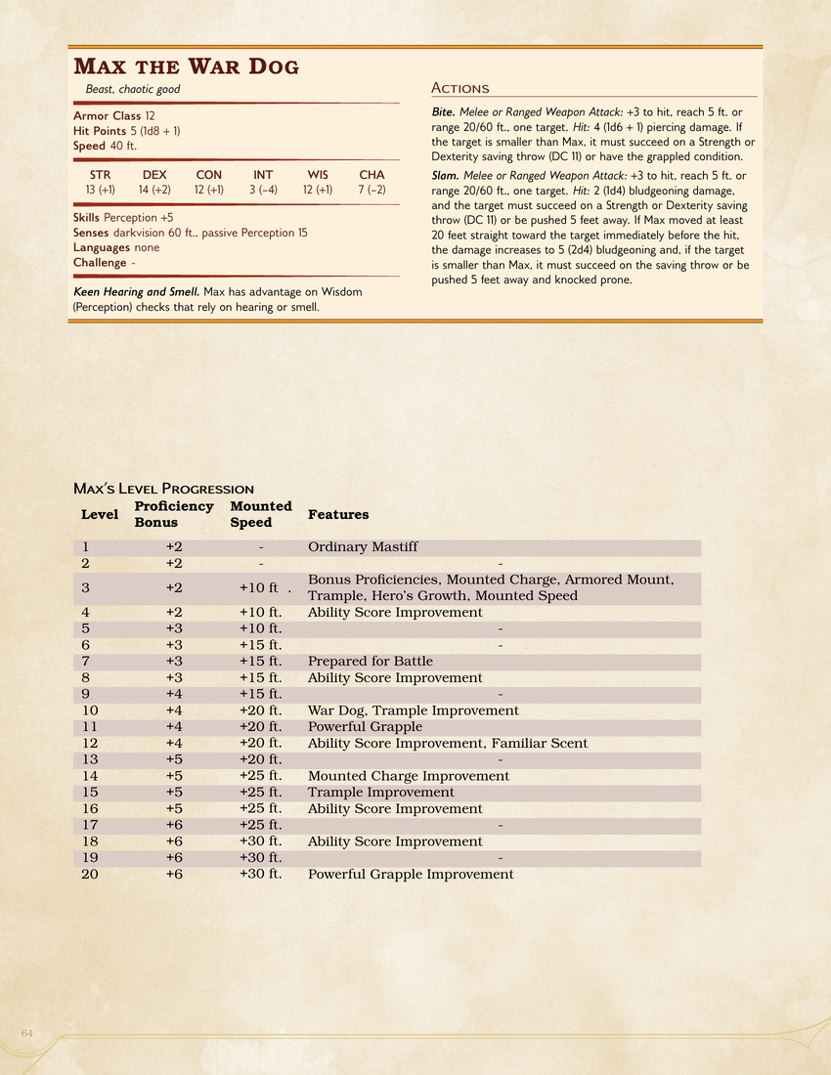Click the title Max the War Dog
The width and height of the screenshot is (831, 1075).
click(x=186, y=66)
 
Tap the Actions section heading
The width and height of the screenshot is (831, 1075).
click(x=460, y=88)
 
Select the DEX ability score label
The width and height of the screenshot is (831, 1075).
click(x=154, y=175)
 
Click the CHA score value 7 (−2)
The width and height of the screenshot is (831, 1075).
click(x=372, y=190)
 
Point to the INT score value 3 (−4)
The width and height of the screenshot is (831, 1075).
click(x=263, y=190)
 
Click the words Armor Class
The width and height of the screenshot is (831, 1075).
click(x=107, y=115)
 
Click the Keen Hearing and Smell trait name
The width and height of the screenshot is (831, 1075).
click(x=136, y=292)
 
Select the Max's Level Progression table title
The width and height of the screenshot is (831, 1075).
click(x=163, y=489)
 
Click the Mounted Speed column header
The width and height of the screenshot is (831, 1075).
click(x=260, y=514)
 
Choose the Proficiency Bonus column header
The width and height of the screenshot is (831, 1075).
click(x=173, y=514)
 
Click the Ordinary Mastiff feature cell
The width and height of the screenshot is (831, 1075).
click(x=363, y=547)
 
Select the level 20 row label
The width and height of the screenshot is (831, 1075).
click(x=90, y=874)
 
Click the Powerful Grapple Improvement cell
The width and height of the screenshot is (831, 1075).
click(x=411, y=874)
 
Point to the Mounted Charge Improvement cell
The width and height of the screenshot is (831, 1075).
click(x=409, y=776)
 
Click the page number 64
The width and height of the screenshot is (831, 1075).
click(x=27, y=1033)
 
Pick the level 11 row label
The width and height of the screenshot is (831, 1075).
click(x=90, y=727)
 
